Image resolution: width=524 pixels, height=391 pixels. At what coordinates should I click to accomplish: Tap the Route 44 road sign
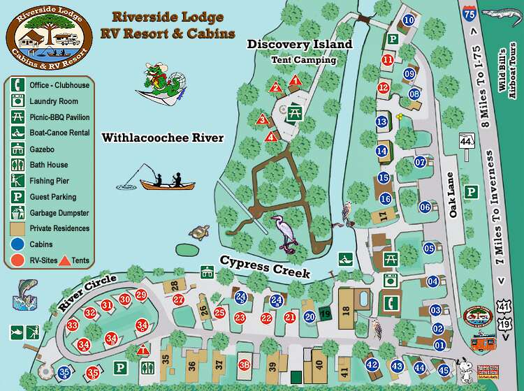point(466,140)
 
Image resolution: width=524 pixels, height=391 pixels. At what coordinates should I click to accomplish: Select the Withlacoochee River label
point(163,138)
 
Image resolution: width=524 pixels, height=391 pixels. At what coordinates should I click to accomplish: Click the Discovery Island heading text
point(300,45)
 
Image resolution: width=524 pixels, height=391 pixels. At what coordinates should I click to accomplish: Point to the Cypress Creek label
point(265,267)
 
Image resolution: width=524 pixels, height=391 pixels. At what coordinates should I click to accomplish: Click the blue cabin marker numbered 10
point(409,20)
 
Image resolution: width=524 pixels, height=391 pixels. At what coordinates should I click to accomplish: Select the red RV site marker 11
point(387,61)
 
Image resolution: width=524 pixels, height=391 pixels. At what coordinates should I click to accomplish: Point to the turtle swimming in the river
point(200,233)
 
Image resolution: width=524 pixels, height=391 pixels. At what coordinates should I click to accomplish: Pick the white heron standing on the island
point(287,233)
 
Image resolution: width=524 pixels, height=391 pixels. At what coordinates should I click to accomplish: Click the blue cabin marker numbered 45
point(444,370)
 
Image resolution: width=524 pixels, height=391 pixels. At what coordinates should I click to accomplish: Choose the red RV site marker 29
point(141,295)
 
